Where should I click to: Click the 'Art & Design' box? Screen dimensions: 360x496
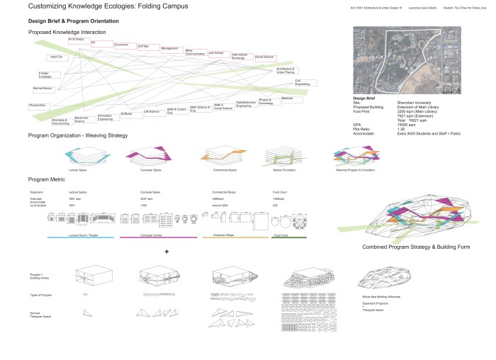77,40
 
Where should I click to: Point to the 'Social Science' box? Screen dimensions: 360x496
264,57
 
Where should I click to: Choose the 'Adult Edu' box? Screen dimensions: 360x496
55,57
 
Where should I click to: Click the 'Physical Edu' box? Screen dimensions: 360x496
38,106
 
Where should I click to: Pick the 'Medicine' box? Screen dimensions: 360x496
287,98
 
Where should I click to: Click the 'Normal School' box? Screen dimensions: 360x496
42,89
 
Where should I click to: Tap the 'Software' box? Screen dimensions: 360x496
128,114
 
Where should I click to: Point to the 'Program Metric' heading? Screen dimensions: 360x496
50,180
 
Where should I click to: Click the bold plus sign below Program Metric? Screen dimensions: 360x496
167,252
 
